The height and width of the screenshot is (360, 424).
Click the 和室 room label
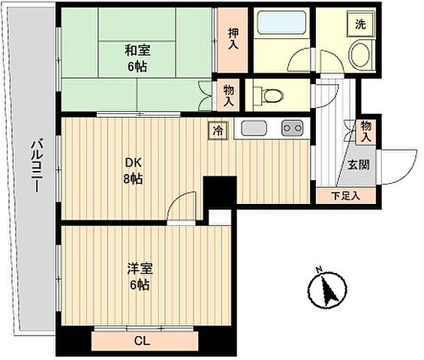coord(137,51)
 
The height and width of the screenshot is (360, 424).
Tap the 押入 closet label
coord(234,39)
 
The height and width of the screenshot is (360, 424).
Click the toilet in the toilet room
coord(266,95)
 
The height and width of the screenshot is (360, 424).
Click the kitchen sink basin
coord(254,127)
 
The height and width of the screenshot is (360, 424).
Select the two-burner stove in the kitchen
coord(292,127)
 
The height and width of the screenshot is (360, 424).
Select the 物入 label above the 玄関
coord(366,131)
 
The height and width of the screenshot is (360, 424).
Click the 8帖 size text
coord(134,179)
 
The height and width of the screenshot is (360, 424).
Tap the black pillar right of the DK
coord(218,190)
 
